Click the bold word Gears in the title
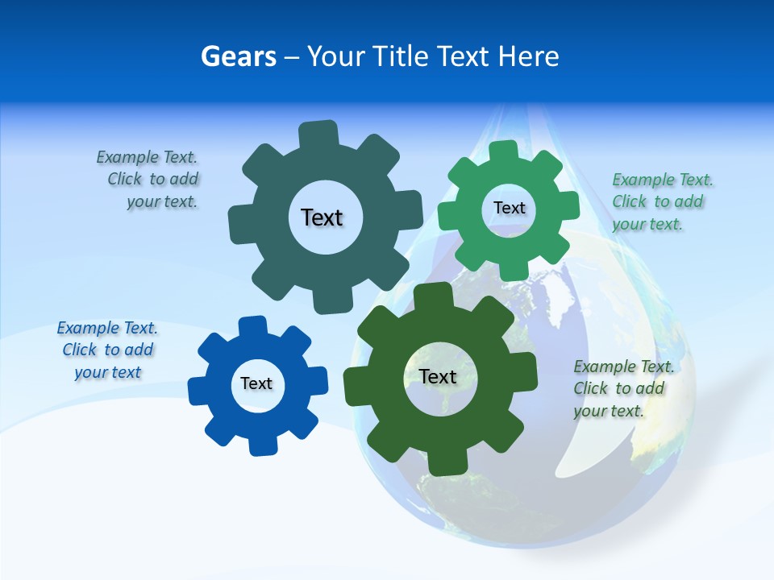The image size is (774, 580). point(239,56)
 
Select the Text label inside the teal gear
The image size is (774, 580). point(322,217)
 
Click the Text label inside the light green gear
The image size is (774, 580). point(509,208)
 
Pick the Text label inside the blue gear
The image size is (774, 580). point(256,383)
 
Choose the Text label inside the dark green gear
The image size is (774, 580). point(438,376)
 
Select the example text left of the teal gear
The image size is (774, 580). point(148,180)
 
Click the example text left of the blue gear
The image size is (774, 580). point(107,350)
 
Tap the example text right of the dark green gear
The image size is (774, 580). point(622,388)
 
